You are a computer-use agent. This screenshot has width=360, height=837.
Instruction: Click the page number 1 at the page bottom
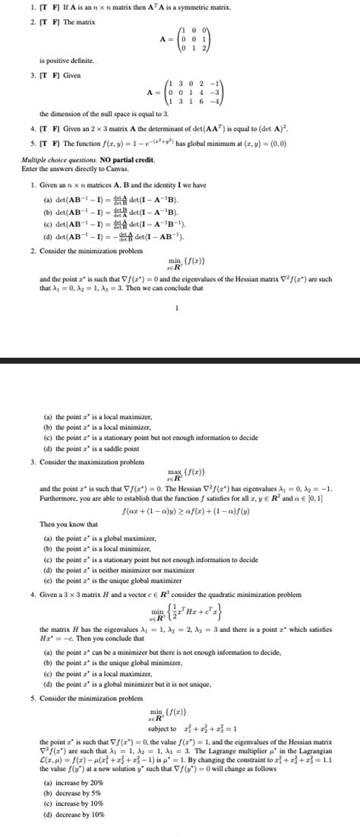(176, 308)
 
